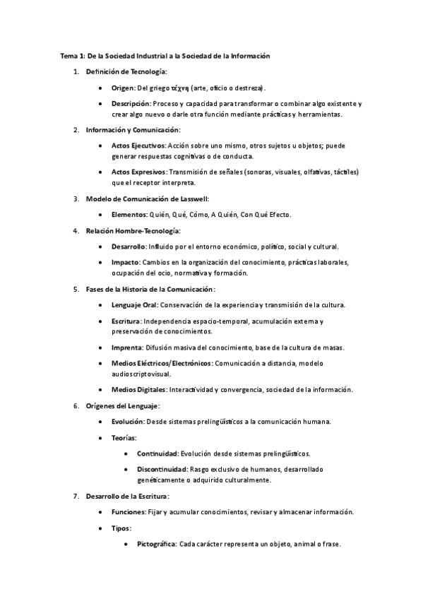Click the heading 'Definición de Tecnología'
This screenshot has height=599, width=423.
coord(126,72)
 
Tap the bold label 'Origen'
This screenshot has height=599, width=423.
coord(124,88)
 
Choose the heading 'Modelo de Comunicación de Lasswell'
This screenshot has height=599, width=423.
coord(147,198)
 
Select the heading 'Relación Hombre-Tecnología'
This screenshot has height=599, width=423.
coord(133,230)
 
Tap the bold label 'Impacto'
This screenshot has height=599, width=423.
coord(126,262)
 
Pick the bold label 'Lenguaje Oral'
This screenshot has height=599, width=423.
coord(135,304)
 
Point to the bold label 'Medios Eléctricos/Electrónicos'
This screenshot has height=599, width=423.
coord(161,362)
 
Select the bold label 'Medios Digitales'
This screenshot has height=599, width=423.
coord(138,389)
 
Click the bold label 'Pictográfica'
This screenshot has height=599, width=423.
coord(157,544)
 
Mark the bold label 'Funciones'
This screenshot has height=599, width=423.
coord(129,511)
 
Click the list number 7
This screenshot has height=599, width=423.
coord(76,496)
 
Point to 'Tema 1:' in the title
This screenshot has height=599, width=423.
coord(71,55)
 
